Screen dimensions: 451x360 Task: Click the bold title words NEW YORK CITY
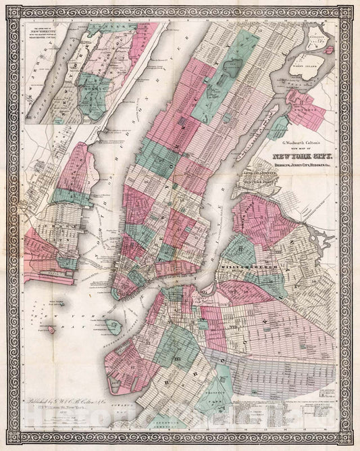pos(298,153)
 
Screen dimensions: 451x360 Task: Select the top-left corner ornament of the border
pos(7,8)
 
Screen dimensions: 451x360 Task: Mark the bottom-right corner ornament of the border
pos(353,442)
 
